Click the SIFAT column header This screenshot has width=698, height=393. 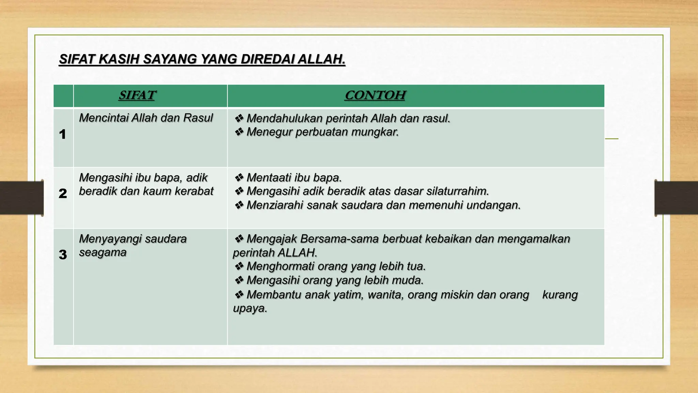pyautogui.click(x=137, y=95)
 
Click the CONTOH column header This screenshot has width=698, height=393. pyautogui.click(x=375, y=95)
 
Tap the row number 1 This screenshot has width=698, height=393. pyautogui.click(x=62, y=134)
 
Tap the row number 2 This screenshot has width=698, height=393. pyautogui.click(x=63, y=193)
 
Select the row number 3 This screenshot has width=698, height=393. pyautogui.click(x=63, y=254)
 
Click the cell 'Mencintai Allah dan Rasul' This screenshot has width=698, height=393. pyautogui.click(x=146, y=118)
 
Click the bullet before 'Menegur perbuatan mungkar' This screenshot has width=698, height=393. pyautogui.click(x=239, y=132)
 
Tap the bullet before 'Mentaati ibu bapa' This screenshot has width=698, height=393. pyautogui.click(x=239, y=177)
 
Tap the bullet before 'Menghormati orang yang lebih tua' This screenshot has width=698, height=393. pyautogui.click(x=239, y=266)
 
